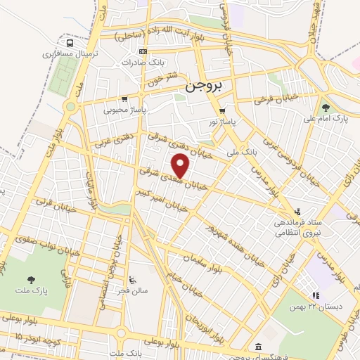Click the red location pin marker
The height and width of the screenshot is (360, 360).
coord(181,166)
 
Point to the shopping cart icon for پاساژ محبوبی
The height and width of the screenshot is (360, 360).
coord(124,99)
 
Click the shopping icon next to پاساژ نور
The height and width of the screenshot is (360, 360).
coord(222,111)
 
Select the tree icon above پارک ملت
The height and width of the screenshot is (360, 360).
coord(28,277)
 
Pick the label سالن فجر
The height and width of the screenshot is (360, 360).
coord(134,291)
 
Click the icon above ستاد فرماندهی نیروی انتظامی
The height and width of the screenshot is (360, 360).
coord(297,211)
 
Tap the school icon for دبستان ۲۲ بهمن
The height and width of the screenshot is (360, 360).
coord(315,296)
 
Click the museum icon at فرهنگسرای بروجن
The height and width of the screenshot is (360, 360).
coord(259,347)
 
